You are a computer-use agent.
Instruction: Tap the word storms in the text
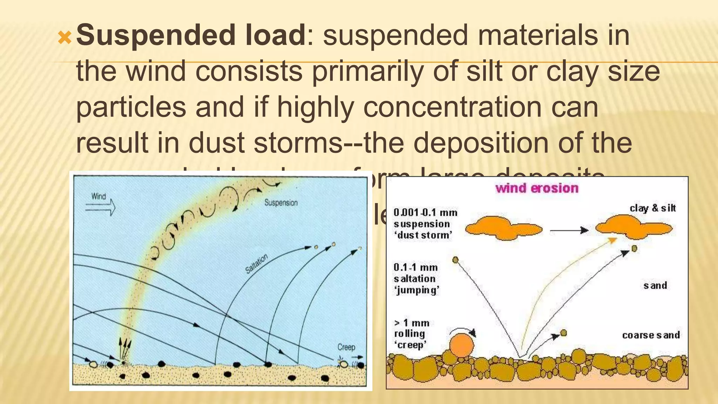(x=297, y=143)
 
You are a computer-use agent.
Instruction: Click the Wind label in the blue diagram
(x=99, y=196)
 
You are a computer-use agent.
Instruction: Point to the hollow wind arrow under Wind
(x=101, y=207)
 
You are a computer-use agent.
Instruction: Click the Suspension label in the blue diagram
(x=281, y=203)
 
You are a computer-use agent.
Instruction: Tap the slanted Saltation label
(x=256, y=264)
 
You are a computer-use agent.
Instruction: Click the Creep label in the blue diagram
(x=346, y=347)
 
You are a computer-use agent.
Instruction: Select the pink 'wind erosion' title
(x=537, y=188)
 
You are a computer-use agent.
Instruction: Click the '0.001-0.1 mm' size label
(x=425, y=213)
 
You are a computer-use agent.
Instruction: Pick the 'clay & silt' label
(x=652, y=208)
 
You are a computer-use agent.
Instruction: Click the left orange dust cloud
(x=503, y=228)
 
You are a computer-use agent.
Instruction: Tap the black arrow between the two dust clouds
(x=569, y=230)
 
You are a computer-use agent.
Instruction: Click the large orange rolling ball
(x=462, y=345)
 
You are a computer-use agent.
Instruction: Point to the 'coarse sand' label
(x=651, y=335)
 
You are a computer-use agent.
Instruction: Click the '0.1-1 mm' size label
(x=415, y=268)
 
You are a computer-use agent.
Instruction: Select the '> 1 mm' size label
(x=412, y=323)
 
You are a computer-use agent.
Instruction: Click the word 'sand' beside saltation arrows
(x=655, y=285)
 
